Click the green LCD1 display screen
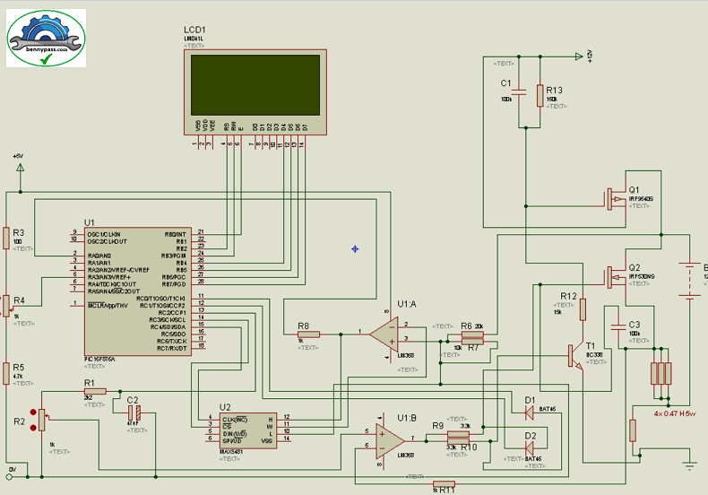coord(255,84)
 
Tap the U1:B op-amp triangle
coord(388,439)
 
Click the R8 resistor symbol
coord(307,334)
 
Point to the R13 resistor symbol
coord(540,95)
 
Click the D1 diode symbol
coord(529,412)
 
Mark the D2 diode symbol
coord(529,447)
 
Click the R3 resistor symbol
coord(6,237)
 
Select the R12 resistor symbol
coord(583,309)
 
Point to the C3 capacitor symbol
coord(617,325)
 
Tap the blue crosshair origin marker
coord(355,248)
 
